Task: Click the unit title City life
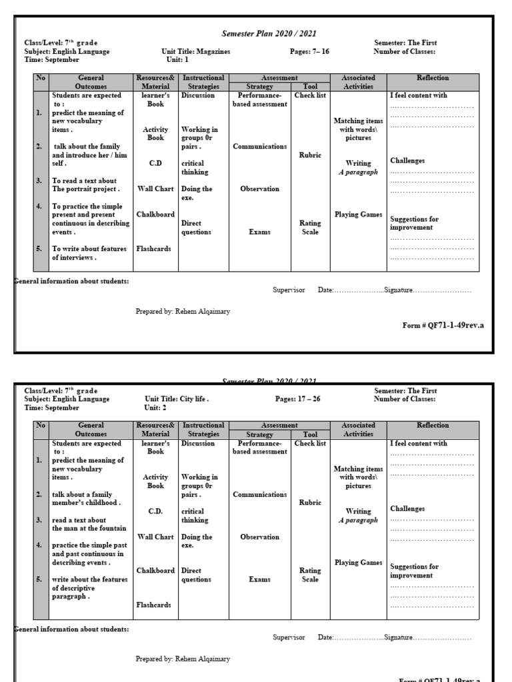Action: (194, 400)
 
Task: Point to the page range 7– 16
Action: (319, 51)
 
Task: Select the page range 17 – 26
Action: (311, 400)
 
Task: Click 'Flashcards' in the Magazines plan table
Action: (154, 249)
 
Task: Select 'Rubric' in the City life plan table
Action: (310, 503)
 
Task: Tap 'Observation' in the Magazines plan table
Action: (259, 189)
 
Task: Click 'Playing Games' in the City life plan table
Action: (358, 563)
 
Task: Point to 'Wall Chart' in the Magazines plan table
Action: (155, 189)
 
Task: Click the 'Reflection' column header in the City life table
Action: (433, 425)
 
